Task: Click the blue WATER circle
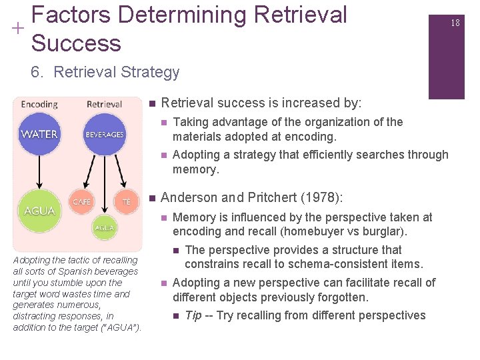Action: point(39,134)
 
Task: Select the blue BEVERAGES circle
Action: point(104,134)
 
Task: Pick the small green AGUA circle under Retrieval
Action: point(104,227)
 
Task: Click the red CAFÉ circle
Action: point(82,201)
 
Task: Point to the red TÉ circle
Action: point(126,201)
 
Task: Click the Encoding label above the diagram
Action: point(39,104)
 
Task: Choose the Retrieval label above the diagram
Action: point(104,104)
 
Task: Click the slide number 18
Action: point(455,23)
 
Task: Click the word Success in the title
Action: point(76,43)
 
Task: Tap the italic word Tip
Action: point(193,315)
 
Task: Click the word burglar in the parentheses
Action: point(390,232)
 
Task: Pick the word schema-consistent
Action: point(347,265)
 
